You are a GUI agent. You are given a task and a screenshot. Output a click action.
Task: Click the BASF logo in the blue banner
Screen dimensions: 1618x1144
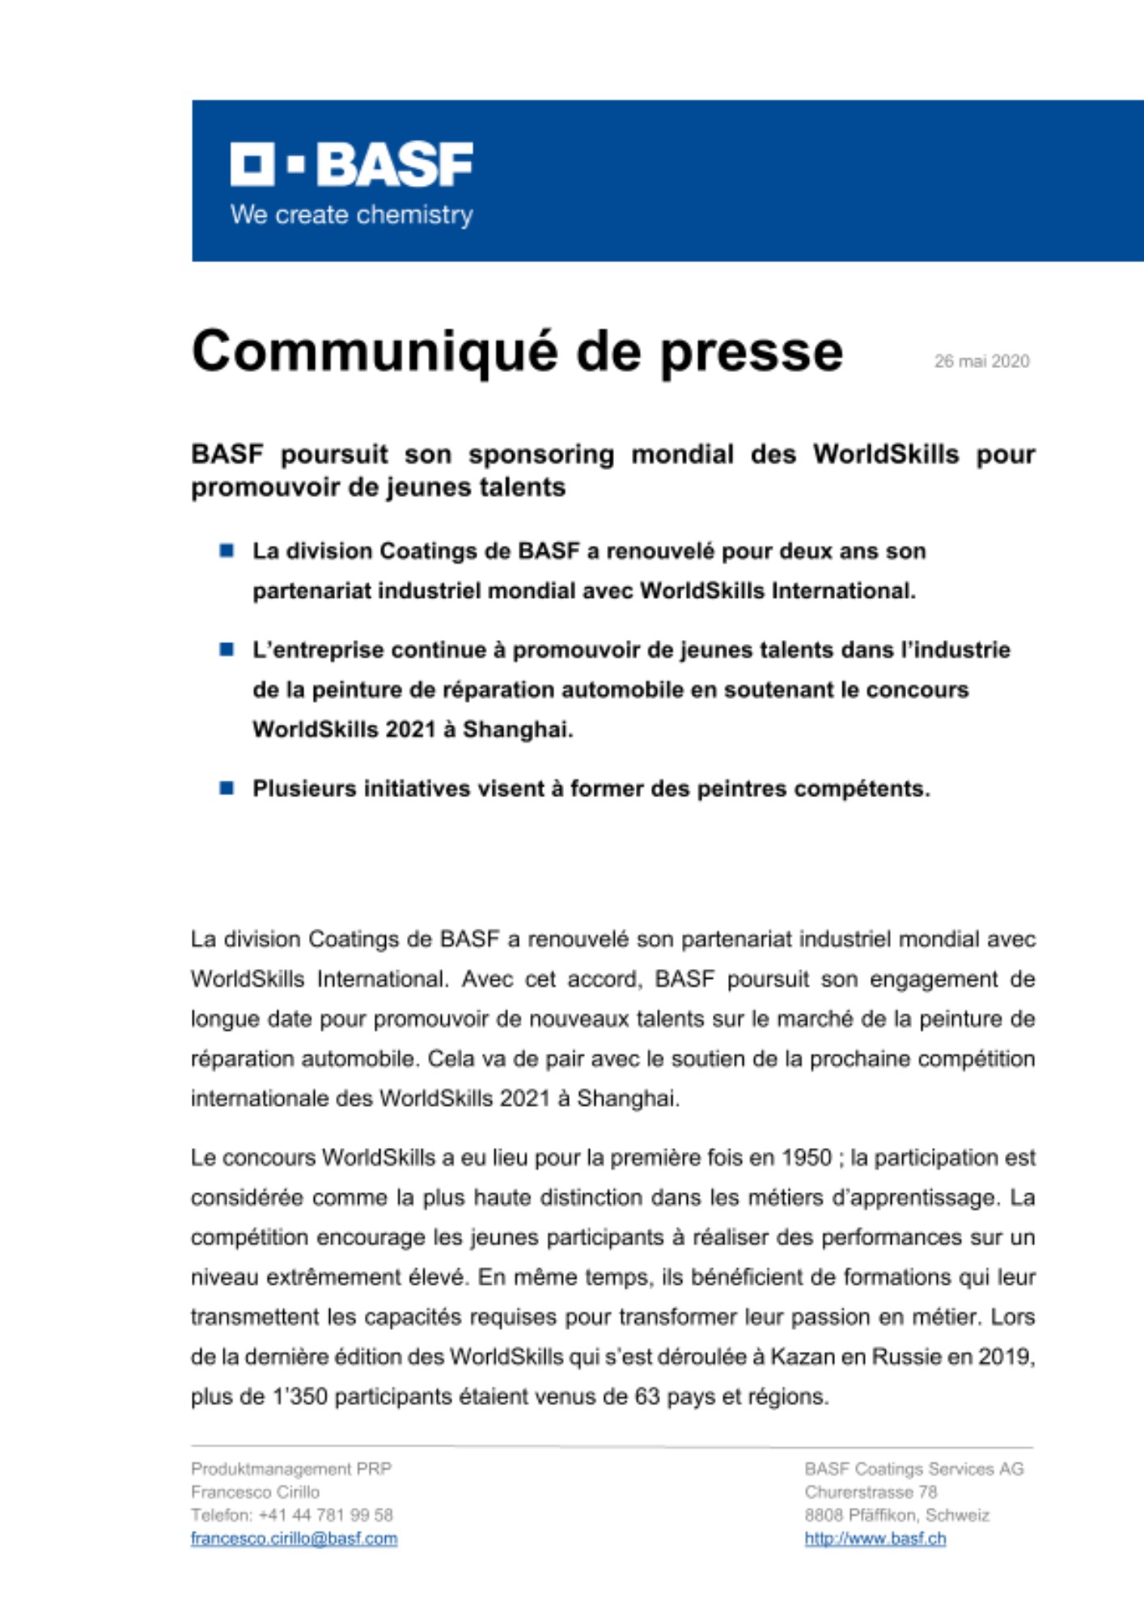pyautogui.click(x=351, y=164)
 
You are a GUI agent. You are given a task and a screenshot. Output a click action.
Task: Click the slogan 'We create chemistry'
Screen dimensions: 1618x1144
pyautogui.click(x=351, y=215)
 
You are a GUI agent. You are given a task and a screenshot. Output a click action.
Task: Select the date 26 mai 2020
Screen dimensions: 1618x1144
pyautogui.click(x=981, y=362)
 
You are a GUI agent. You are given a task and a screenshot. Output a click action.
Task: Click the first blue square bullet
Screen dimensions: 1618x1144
pyautogui.click(x=227, y=551)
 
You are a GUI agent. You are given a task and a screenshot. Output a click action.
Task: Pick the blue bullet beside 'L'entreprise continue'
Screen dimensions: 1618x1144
pyautogui.click(x=227, y=650)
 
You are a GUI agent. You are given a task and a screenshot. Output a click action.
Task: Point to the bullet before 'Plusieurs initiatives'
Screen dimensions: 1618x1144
pyautogui.click(x=227, y=788)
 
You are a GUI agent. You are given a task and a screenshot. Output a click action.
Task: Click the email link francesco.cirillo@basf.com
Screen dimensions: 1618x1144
pyautogui.click(x=294, y=1539)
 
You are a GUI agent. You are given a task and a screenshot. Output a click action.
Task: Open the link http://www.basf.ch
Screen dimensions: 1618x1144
pyautogui.click(x=875, y=1539)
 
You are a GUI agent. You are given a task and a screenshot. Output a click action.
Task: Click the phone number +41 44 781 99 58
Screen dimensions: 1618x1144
pyautogui.click(x=325, y=1515)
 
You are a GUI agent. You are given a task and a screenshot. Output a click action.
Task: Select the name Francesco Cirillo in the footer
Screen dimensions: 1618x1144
pyautogui.click(x=255, y=1492)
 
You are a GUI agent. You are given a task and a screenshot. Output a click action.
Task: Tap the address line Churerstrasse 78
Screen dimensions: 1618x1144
pyautogui.click(x=871, y=1492)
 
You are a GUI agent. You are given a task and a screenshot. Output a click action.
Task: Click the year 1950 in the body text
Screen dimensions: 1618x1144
pyautogui.click(x=806, y=1158)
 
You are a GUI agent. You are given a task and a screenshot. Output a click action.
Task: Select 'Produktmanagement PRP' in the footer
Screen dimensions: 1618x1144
pyautogui.click(x=291, y=1468)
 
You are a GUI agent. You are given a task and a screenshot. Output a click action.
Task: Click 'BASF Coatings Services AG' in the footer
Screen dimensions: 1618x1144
pyautogui.click(x=913, y=1468)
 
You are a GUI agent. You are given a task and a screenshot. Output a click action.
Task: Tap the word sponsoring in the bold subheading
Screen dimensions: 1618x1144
pyautogui.click(x=540, y=455)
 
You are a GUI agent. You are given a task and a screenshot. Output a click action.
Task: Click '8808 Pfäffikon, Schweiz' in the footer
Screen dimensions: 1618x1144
pyautogui.click(x=896, y=1515)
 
